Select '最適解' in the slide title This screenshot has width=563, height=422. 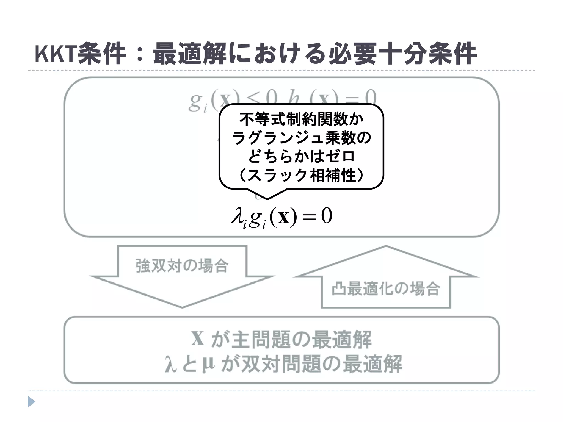pyautogui.click(x=189, y=54)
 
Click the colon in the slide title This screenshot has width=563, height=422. pyautogui.click(x=140, y=54)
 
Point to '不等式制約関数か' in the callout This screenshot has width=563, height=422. pyautogui.click(x=302, y=119)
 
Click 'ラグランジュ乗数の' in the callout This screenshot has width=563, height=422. pyautogui.click(x=302, y=138)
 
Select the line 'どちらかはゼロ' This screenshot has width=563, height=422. pyautogui.click(x=302, y=156)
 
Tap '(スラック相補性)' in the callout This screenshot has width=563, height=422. pyautogui.click(x=302, y=175)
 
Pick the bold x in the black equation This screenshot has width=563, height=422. pyautogui.click(x=283, y=217)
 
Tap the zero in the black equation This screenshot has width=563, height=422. pyautogui.click(x=327, y=216)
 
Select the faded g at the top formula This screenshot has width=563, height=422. pyautogui.click(x=196, y=102)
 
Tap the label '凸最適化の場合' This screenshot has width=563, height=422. pyautogui.click(x=386, y=289)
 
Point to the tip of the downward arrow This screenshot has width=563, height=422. pyautogui.click(x=182, y=307)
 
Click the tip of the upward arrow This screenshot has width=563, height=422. pyautogui.click(x=386, y=246)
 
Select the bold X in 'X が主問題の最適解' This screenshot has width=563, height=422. pyautogui.click(x=198, y=338)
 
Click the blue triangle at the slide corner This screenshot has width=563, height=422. pyautogui.click(x=31, y=402)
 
